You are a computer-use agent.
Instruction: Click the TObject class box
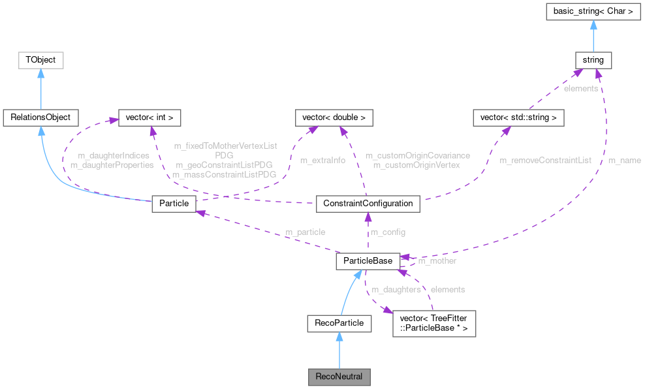[40, 60]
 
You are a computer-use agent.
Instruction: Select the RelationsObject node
[40, 117]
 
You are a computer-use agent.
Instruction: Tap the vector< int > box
[148, 117]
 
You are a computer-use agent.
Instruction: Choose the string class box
[593, 60]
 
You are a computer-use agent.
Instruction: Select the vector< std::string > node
[518, 117]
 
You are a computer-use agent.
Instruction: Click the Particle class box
[174, 203]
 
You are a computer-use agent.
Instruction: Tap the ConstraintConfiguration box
[368, 203]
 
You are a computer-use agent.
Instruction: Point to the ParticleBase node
[368, 260]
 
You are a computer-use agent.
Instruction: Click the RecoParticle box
[339, 322]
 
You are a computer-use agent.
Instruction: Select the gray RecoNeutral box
[339, 377]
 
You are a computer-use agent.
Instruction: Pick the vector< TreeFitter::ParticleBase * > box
[433, 322]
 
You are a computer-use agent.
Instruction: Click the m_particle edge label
[305, 232]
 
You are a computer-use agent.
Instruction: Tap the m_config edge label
[388, 232]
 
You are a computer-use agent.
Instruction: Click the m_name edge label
[624, 160]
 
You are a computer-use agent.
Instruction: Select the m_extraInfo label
[322, 160]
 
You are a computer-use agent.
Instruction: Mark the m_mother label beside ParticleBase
[437, 260]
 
